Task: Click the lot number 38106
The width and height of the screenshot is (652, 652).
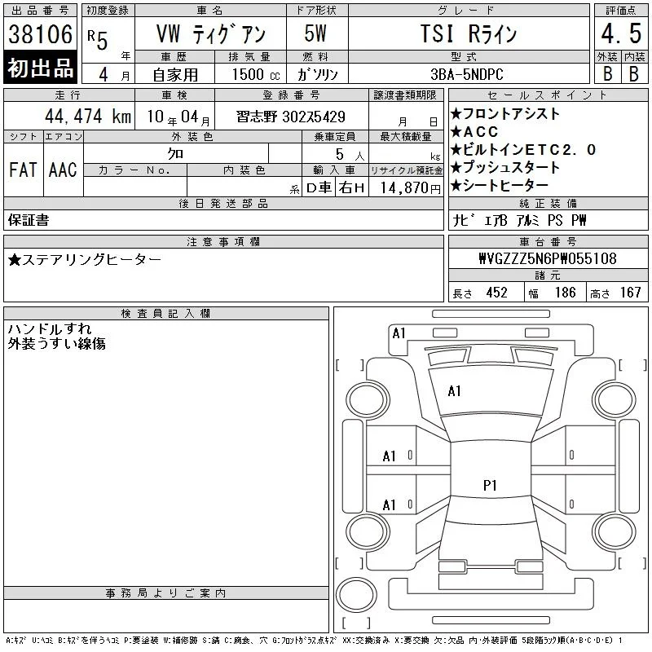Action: pos(40,34)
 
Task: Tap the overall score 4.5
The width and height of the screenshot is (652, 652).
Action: pos(621,33)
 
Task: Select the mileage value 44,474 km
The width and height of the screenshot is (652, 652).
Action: pos(88,116)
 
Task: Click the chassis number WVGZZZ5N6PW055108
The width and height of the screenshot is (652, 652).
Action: pos(548,258)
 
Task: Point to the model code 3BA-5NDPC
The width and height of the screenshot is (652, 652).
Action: pos(467,74)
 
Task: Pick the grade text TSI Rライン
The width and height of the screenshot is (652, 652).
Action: pos(469,33)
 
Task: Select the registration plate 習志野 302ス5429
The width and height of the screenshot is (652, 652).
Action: pos(291,117)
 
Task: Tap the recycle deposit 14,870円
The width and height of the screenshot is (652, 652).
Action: pos(411,188)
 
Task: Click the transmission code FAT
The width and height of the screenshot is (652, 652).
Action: pos(23,170)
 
